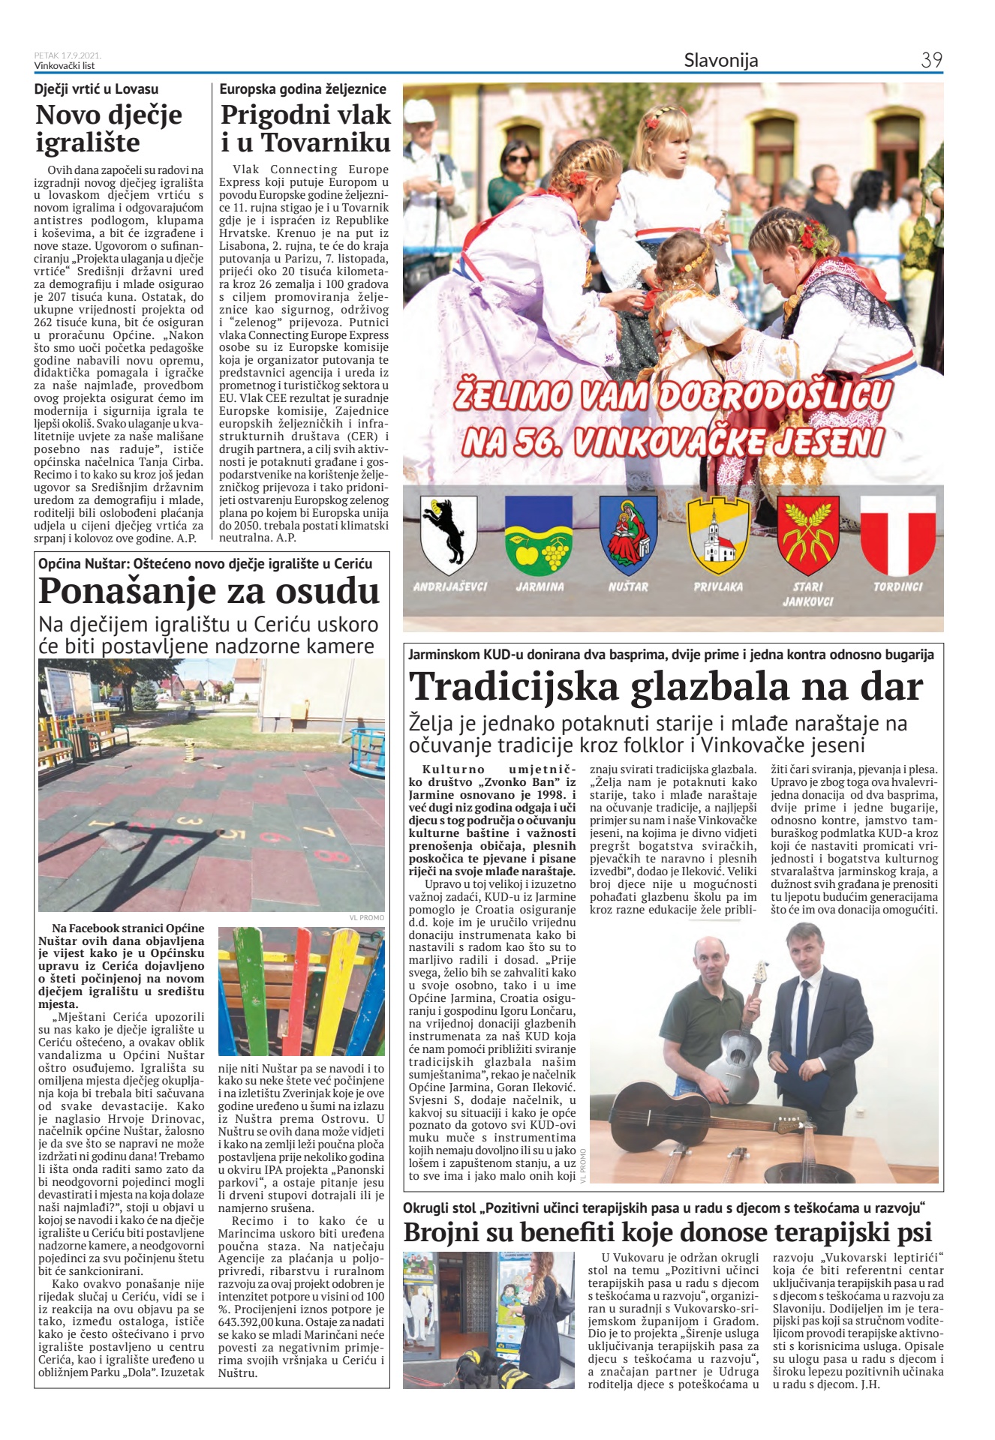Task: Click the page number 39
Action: (x=931, y=60)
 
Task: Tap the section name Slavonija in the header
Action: (x=720, y=60)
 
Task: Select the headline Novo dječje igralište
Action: (x=109, y=128)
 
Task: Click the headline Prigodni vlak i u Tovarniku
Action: (x=305, y=128)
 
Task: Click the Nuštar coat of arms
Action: (x=628, y=534)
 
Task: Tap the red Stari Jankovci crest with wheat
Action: (x=807, y=534)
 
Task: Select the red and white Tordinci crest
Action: (x=897, y=534)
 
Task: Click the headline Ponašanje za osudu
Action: (x=209, y=591)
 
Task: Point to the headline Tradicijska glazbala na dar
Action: (x=666, y=686)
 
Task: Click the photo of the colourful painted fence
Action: (x=301, y=991)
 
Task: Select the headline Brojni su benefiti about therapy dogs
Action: (x=667, y=1231)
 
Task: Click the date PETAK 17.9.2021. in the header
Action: (x=68, y=55)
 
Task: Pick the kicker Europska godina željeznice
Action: (x=302, y=89)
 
